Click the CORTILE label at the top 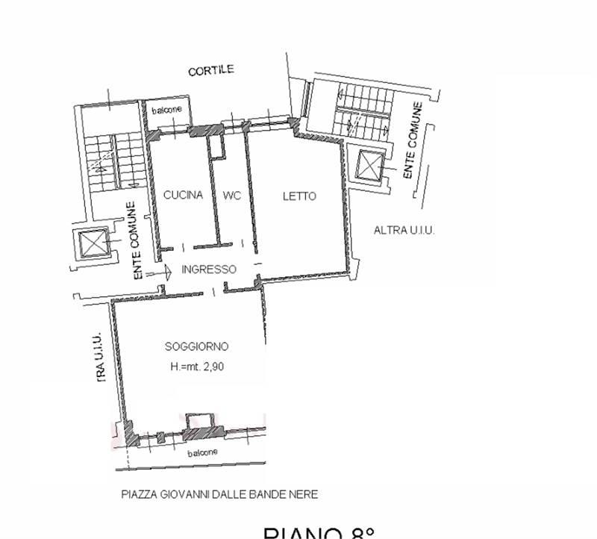point(211,70)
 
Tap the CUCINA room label point(183,196)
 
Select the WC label point(231,196)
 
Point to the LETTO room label point(299,196)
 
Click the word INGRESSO point(209,269)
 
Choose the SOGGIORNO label point(196,346)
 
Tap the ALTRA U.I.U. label point(404,231)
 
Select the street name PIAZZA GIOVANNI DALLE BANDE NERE point(219,494)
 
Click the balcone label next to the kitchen point(166,110)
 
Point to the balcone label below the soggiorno point(202,453)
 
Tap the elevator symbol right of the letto point(369,166)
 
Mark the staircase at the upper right point(362,110)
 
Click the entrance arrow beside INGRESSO point(160,274)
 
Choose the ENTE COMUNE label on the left point(137,241)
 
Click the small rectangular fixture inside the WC point(216,147)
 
